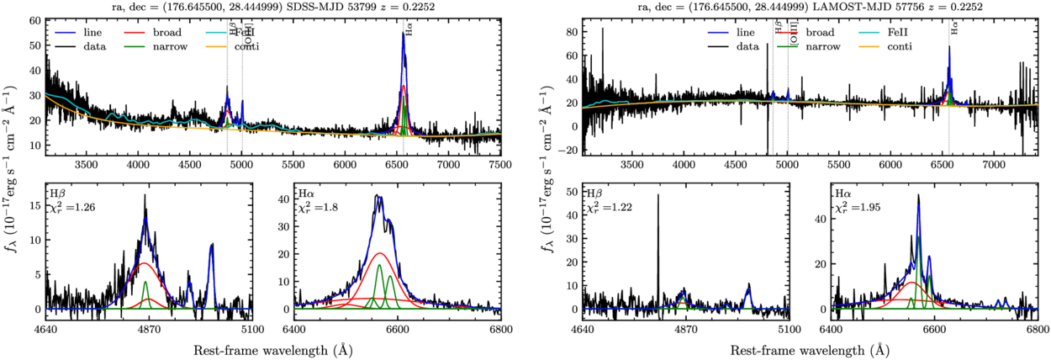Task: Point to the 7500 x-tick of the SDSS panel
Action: pos(501,165)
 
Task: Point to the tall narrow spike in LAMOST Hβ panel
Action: pos(658,197)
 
